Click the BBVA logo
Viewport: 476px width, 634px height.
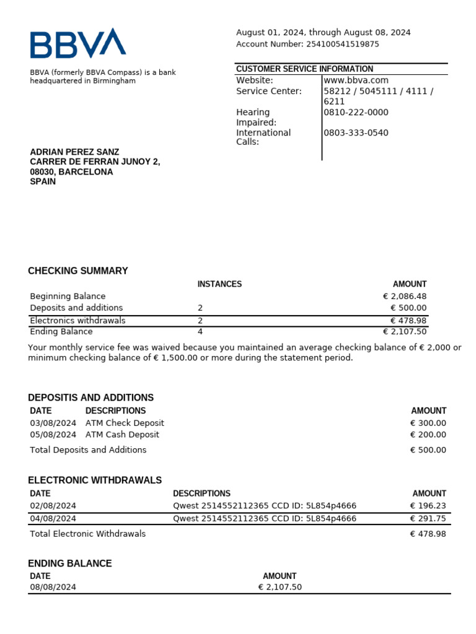coord(77,43)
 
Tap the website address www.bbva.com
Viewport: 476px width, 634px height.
coord(356,80)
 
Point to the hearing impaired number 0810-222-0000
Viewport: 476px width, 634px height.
coord(356,113)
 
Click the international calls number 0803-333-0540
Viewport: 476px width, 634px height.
coord(356,133)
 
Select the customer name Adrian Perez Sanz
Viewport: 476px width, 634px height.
coord(74,152)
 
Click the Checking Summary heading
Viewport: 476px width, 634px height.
coord(78,271)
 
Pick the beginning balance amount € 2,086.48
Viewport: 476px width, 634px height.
coord(405,297)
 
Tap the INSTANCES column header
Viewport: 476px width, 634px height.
coord(219,284)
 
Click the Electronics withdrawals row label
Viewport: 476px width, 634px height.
coord(77,321)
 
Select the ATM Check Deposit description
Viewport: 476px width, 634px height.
coord(125,423)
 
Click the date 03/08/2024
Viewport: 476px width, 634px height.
coord(53,423)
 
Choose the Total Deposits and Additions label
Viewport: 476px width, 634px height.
coord(88,450)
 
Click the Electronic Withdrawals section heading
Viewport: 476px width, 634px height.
coord(95,480)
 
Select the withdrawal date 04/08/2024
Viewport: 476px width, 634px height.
coord(53,519)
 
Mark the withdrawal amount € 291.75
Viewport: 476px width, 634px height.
coord(428,519)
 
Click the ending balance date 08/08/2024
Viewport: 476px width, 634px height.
coord(53,588)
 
